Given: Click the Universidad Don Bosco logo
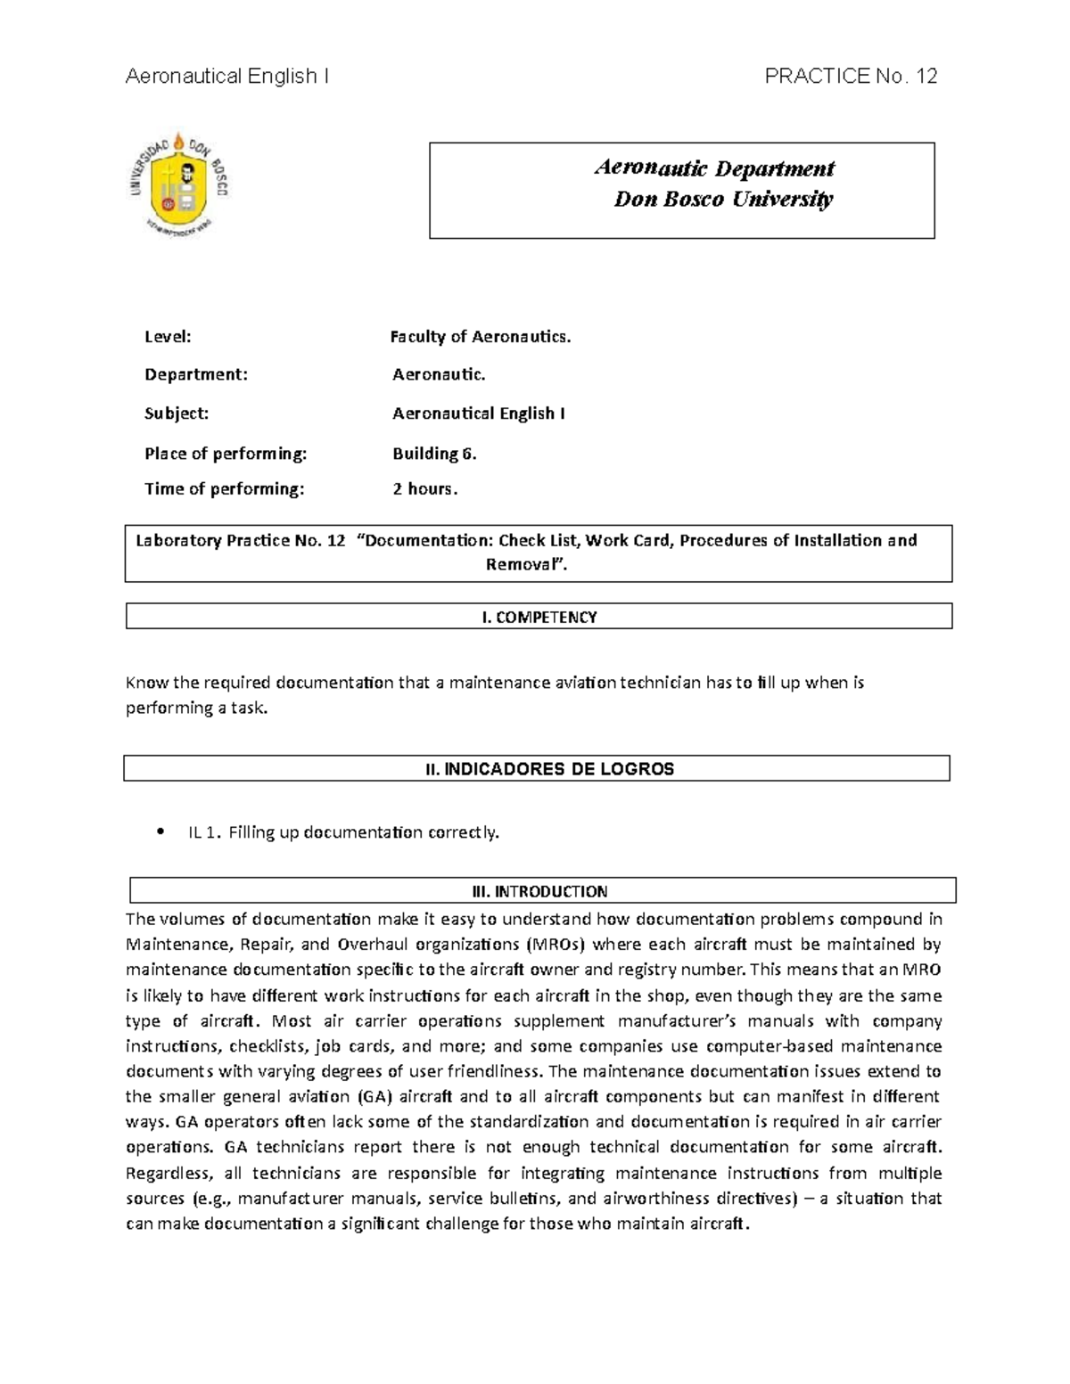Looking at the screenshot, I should coord(177,184).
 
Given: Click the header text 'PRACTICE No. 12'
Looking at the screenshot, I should coord(851,77).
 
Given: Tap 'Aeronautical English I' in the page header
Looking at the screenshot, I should coord(227,77).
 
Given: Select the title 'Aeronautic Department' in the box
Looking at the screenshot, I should coord(713,168).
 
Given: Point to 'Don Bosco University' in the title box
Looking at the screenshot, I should coord(723,199).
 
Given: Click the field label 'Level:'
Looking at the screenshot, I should coord(168,337).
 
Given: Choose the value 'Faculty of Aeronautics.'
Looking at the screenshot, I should coord(480,337).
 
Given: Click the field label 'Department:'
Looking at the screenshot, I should coord(196,375).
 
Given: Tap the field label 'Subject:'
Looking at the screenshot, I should coord(177,414).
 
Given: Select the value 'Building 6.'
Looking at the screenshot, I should coord(434,454).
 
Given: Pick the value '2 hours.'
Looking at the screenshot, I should coord(424,489).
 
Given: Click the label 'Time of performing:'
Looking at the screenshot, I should coord(224,489).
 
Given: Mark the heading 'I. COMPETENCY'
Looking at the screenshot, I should coord(539,617).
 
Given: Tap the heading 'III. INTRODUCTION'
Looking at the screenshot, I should coord(539,891).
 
